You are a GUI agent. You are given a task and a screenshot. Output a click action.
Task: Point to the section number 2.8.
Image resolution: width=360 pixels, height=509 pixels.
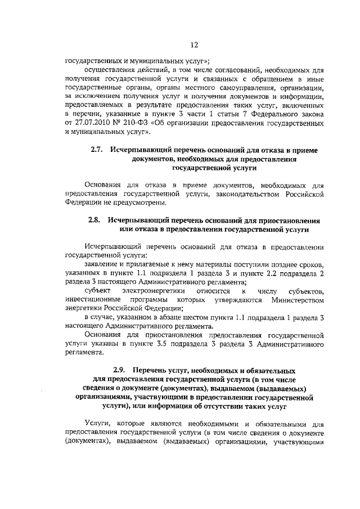tap(94, 221)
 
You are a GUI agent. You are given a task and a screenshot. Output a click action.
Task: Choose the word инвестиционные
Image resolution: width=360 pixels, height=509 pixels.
tap(93, 299)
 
